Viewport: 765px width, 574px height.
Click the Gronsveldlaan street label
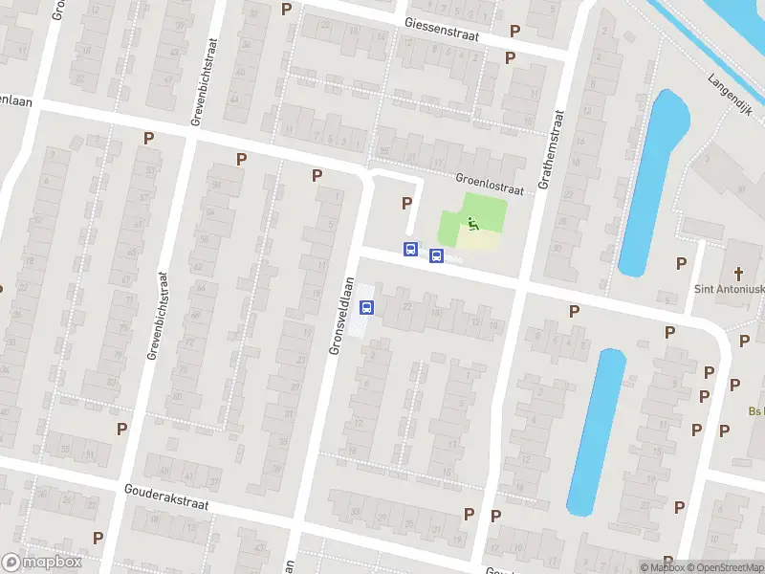pos(341,316)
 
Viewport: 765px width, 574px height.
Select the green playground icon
pos(472,224)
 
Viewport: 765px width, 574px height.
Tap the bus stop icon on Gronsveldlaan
pos(366,307)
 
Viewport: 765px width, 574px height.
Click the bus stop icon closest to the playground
pos(437,255)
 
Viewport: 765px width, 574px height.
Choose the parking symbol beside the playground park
pos(407,204)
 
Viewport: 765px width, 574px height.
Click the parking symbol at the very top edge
pos(286,9)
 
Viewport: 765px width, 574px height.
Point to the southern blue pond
pos(596,430)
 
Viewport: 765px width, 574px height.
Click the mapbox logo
pos(41,563)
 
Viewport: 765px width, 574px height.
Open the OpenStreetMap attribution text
pos(725,568)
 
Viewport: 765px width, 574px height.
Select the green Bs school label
pos(755,412)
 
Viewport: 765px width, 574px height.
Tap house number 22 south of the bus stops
pos(407,306)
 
